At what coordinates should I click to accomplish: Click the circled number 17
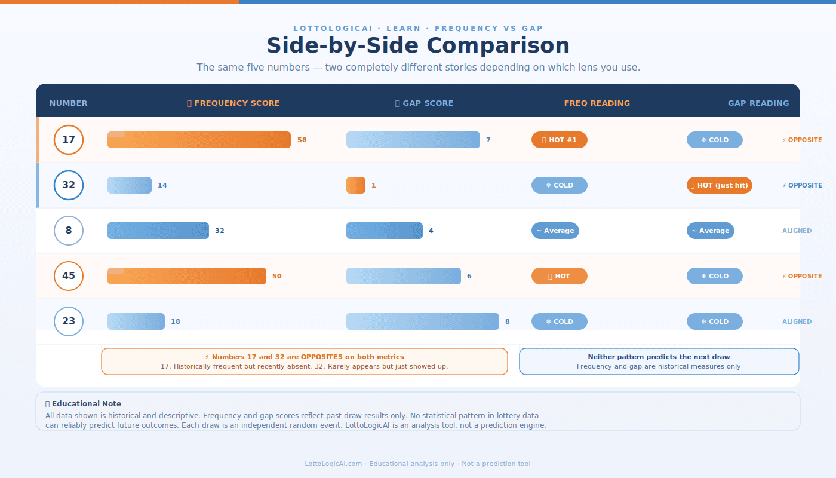click(69, 140)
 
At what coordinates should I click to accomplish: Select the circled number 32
click(69, 185)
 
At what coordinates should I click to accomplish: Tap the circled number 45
click(69, 276)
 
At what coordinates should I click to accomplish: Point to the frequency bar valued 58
click(199, 140)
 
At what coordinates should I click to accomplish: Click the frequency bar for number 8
click(158, 231)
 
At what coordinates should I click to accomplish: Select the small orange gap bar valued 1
click(356, 185)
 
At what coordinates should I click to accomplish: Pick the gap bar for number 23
click(423, 321)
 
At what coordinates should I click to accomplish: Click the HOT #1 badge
click(560, 140)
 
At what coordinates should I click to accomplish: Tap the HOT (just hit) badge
click(720, 185)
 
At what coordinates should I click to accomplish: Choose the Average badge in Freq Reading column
click(555, 231)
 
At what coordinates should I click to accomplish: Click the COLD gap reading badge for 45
click(715, 276)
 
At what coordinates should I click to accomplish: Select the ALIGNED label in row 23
click(797, 321)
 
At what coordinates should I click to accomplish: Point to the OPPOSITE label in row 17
click(802, 140)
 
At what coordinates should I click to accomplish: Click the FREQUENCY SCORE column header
click(233, 103)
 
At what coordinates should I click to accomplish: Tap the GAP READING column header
click(758, 103)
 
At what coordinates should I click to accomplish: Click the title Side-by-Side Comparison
click(418, 46)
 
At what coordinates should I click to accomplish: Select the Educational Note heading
click(84, 404)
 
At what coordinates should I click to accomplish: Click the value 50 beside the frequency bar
click(276, 276)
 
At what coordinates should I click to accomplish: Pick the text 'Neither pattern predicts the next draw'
click(659, 357)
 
